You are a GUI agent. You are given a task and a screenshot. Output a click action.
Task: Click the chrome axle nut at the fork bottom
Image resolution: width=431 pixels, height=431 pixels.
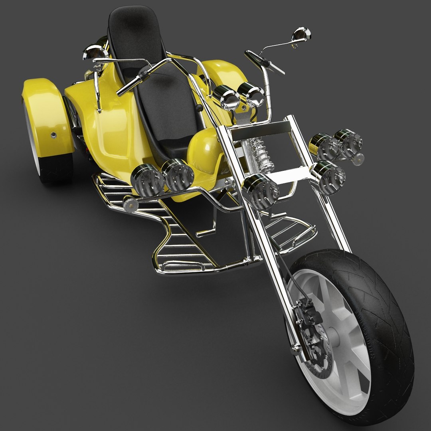click(296, 350)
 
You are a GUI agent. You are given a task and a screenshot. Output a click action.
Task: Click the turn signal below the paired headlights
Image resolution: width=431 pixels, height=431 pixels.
click(130, 204)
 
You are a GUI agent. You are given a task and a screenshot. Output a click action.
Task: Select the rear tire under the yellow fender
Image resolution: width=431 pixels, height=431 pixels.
click(54, 168)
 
